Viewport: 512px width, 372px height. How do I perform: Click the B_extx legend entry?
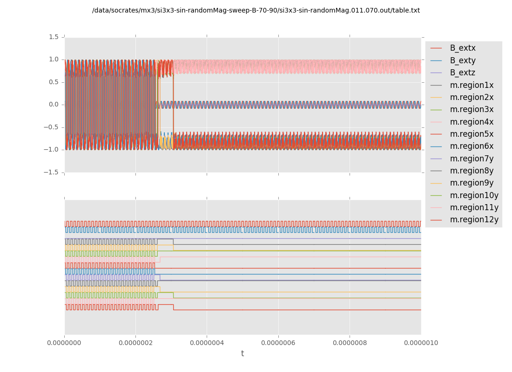tap(462, 48)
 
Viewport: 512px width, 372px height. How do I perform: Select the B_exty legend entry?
tap(462, 60)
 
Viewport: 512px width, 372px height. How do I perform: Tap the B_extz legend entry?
tap(462, 73)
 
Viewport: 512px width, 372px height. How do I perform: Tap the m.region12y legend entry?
tap(473, 219)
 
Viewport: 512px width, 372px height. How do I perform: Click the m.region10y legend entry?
tap(473, 195)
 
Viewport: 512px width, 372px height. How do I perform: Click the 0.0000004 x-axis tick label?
tap(207, 343)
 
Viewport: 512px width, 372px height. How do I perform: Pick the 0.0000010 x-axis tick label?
tap(421, 343)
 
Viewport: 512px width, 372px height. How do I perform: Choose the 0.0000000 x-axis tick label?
tap(65, 343)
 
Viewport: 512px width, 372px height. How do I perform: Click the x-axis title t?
tap(243, 354)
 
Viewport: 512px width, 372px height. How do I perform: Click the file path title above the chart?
tap(256, 11)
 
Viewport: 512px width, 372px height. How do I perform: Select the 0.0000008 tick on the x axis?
tap(350, 343)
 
